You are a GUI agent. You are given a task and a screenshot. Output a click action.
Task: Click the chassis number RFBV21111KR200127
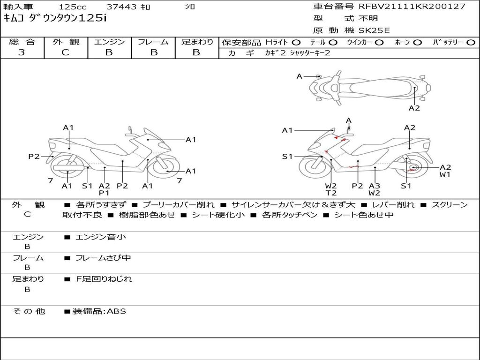pyautogui.click(x=412, y=7)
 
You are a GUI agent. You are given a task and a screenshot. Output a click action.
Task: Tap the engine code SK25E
pyautogui.click(x=374, y=30)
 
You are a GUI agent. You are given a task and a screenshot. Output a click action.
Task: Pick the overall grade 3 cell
pyautogui.click(x=22, y=52)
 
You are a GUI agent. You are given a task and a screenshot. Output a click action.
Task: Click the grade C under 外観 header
pyautogui.click(x=66, y=52)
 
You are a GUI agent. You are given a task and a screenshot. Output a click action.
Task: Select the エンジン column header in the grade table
pyautogui.click(x=109, y=42)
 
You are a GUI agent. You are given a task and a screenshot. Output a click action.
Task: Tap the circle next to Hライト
pyautogui.click(x=296, y=42)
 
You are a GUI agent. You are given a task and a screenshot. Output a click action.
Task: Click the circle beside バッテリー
pyautogui.click(x=471, y=42)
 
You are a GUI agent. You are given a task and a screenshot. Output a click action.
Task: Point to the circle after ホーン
pyautogui.click(x=417, y=42)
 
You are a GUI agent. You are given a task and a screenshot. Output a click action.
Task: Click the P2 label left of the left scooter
pyautogui.click(x=34, y=157)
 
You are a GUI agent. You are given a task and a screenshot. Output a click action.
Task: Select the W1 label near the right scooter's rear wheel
pyautogui.click(x=445, y=175)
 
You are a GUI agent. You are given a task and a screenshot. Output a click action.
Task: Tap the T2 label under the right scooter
pyautogui.click(x=331, y=193)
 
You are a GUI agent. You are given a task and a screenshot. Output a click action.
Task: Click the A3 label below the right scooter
pyautogui.click(x=374, y=186)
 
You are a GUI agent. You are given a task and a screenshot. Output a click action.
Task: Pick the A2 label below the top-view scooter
pyautogui.click(x=414, y=108)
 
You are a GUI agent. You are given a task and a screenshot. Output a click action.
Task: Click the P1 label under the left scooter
pyautogui.click(x=104, y=193)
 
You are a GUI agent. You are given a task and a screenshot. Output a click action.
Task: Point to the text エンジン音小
pyautogui.click(x=101, y=237)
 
